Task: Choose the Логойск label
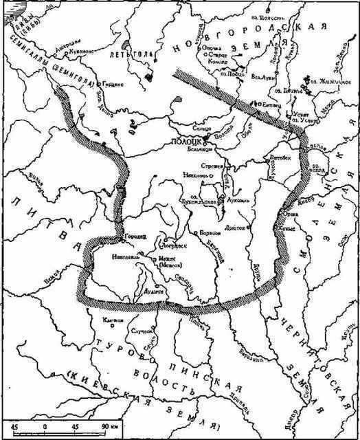pos(170,243)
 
